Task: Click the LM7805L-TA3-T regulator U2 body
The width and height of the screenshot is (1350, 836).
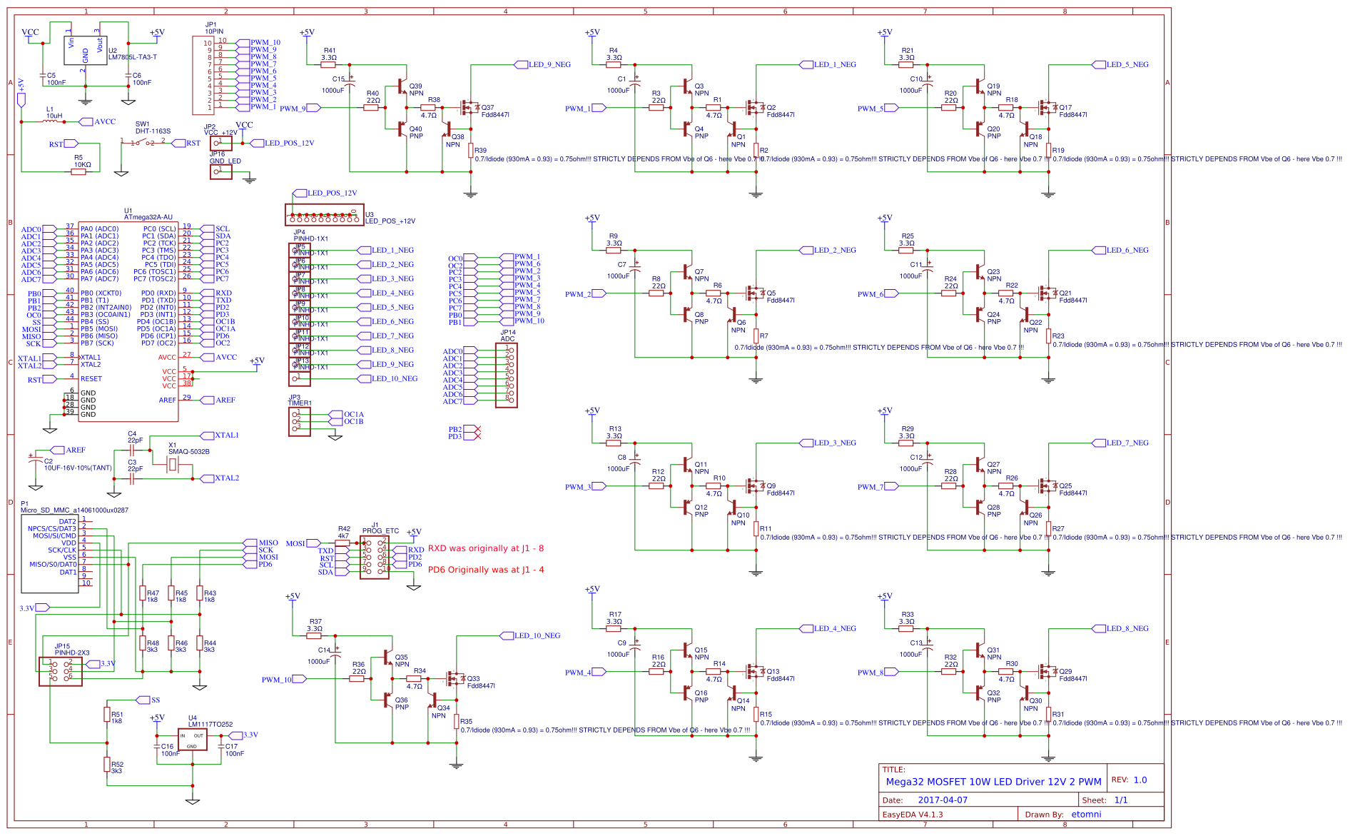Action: coord(85,49)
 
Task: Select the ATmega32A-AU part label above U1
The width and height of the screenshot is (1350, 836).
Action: coord(148,217)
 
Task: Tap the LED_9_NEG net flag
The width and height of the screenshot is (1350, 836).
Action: coord(549,65)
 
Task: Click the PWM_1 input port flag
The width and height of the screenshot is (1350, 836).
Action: coord(598,109)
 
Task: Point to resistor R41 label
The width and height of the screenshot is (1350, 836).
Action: coord(330,51)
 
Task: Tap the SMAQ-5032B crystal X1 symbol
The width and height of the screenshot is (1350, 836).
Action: coord(173,465)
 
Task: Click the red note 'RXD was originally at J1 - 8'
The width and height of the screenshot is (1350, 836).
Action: coord(485,548)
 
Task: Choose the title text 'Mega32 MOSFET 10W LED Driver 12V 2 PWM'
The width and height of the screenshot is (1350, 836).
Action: coord(993,782)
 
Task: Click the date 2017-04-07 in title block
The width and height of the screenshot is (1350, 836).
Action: coord(943,800)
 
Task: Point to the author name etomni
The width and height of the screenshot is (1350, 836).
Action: coord(1086,815)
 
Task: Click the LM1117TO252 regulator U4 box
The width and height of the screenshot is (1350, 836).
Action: coord(192,740)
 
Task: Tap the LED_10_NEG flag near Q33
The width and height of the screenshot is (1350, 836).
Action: coord(537,636)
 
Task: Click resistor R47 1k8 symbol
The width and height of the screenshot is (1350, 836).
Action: coord(143,594)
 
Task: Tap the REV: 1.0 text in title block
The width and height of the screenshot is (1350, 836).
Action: coord(1129,780)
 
